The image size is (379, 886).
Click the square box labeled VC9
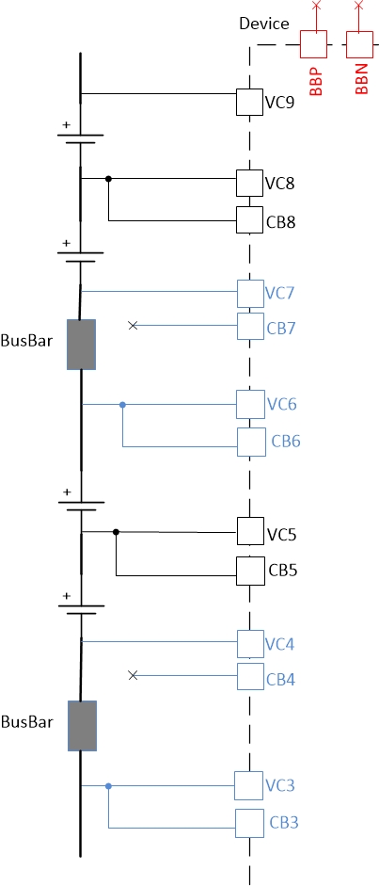pos(248,102)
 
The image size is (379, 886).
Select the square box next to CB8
pos(248,220)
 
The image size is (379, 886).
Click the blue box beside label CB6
pos(251,441)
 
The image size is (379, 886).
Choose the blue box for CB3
pos(249,822)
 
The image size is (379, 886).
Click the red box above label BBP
pos(313,44)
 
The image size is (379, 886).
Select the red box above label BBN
pos(360,44)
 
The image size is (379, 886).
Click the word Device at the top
pos(263,23)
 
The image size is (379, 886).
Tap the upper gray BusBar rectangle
pos(82,345)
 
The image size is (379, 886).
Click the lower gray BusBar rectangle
pos(82,725)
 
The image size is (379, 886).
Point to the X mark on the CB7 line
pos(133,325)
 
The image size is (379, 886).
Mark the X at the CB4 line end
pos(133,675)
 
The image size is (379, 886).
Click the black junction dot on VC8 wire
pos(109,178)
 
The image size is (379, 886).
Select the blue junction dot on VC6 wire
pos(122,405)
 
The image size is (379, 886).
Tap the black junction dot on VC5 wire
pos(116,532)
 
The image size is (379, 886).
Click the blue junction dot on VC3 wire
pos(109,785)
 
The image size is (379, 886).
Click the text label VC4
pos(280,644)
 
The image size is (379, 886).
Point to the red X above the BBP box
pos(316,7)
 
